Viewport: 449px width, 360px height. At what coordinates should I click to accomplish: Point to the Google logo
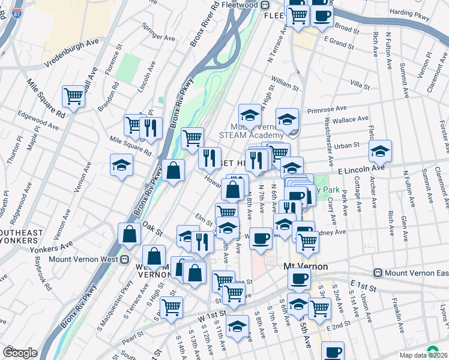click(20, 353)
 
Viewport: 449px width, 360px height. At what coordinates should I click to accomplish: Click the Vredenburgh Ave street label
click(70, 53)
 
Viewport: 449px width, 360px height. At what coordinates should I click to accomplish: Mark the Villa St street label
click(360, 86)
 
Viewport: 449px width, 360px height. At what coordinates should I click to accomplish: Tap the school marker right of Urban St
click(380, 152)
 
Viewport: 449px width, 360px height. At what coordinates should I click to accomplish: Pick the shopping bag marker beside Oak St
click(130, 235)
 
